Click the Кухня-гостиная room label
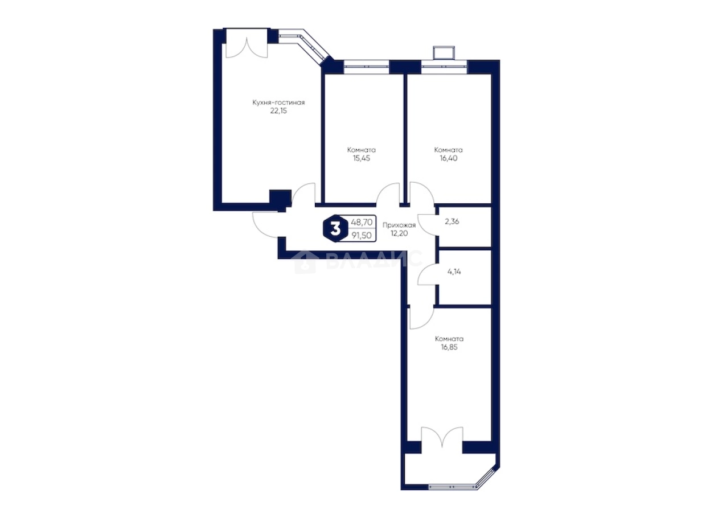point(278,102)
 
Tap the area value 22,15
point(278,111)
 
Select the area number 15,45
point(362,158)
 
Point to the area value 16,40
point(449,158)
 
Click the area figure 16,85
point(449,347)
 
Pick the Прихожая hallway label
point(399,225)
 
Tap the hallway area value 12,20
point(399,233)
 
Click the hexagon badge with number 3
point(335,229)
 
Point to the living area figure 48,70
point(362,223)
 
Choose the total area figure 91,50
point(362,236)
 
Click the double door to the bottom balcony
point(442,439)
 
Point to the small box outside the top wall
point(444,53)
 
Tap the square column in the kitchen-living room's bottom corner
point(280,198)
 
